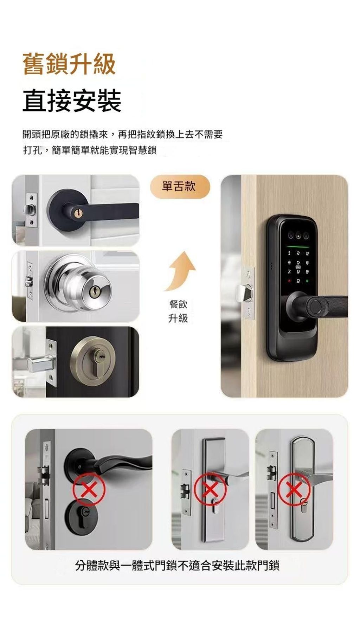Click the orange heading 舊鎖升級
tap(69, 64)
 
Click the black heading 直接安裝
tap(72, 101)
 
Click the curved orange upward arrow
tap(179, 271)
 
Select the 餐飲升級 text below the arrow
tap(178, 311)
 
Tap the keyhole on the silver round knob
tap(94, 290)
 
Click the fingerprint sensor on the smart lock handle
tap(316, 305)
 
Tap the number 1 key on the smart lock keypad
tap(289, 253)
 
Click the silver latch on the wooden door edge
tap(245, 293)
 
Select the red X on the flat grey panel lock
tap(210, 489)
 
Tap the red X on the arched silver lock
tap(294, 489)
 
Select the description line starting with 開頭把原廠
tap(122, 134)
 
